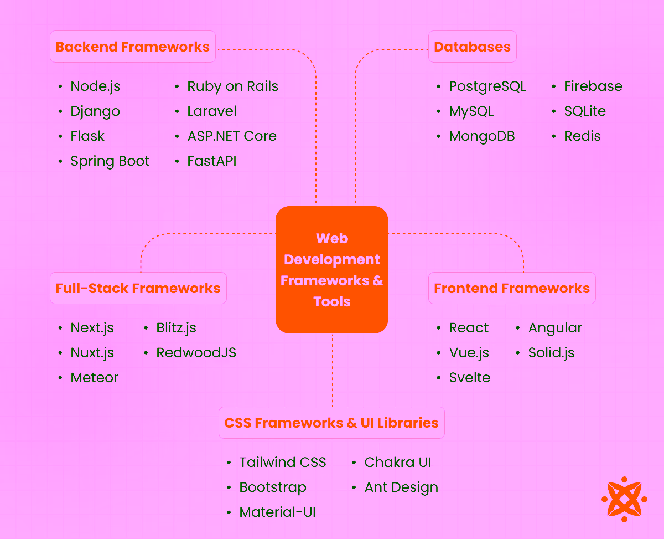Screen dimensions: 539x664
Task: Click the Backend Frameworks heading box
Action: pyautogui.click(x=133, y=47)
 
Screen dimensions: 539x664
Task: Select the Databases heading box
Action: pyautogui.click(x=472, y=47)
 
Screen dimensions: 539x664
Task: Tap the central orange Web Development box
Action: pyautogui.click(x=331, y=270)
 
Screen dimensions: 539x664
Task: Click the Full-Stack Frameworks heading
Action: pyautogui.click(x=138, y=288)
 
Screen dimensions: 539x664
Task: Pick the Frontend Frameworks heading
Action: pyautogui.click(x=512, y=288)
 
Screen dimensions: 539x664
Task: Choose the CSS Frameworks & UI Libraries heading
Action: pyautogui.click(x=331, y=423)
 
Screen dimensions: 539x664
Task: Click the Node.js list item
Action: pyautogui.click(x=95, y=86)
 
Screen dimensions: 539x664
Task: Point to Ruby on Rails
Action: pyautogui.click(x=232, y=86)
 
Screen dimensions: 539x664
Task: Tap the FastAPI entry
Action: pyautogui.click(x=211, y=161)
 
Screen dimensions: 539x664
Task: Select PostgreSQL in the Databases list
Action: pyautogui.click(x=487, y=86)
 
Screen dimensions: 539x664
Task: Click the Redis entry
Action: pyautogui.click(x=582, y=136)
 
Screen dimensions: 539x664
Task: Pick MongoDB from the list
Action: pyautogui.click(x=482, y=136)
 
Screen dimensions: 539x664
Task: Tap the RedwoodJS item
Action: pyautogui.click(x=196, y=353)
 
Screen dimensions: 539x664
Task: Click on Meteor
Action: pyautogui.click(x=95, y=378)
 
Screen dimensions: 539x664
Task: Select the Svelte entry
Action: pyautogui.click(x=469, y=378)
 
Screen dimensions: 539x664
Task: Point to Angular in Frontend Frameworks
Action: pyautogui.click(x=555, y=328)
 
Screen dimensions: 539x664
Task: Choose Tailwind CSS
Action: pyautogui.click(x=283, y=463)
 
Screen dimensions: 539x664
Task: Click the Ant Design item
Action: pyautogui.click(x=401, y=487)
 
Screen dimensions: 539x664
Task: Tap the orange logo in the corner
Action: pyautogui.click(x=624, y=499)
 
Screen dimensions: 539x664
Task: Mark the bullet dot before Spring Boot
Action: pyautogui.click(x=60, y=161)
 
